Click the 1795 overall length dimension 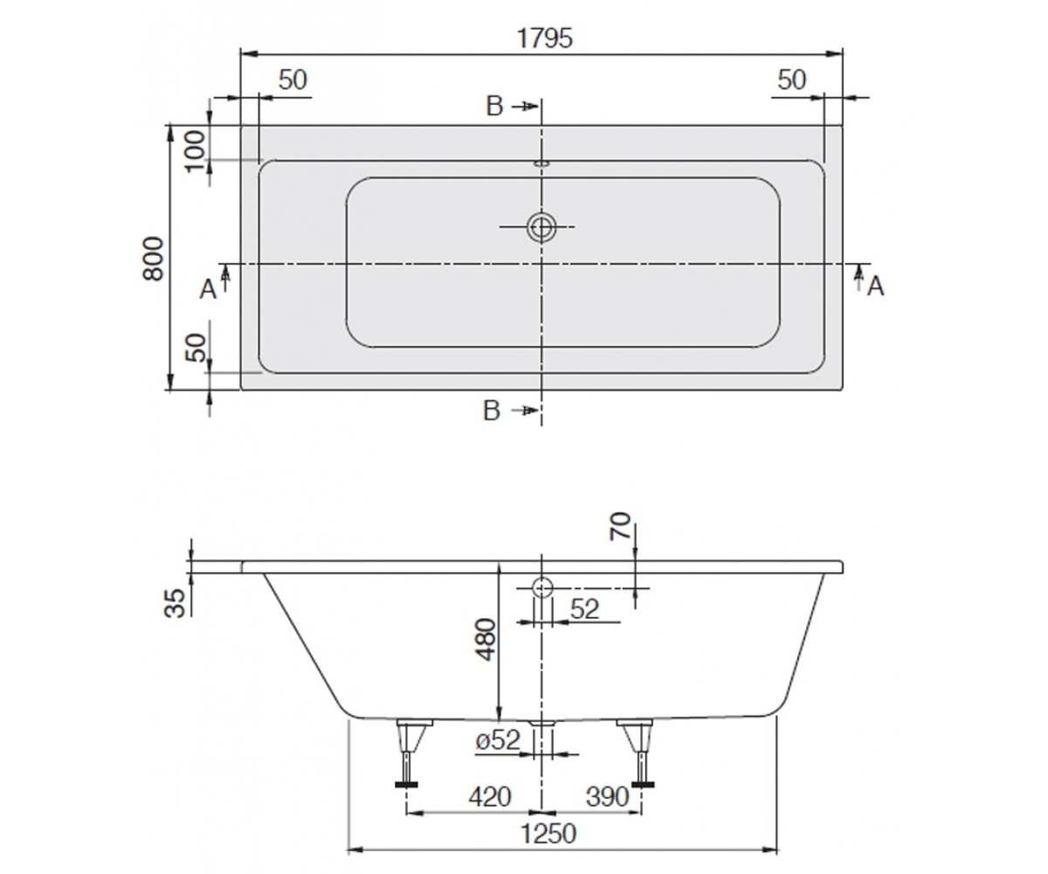[545, 38]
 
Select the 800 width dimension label [154, 259]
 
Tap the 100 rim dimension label [196, 151]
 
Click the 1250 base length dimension [548, 835]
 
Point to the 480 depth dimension [486, 640]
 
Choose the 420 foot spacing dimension [490, 796]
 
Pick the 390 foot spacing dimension [607, 796]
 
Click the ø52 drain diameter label [498, 740]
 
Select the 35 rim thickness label [176, 603]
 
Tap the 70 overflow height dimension [620, 526]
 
